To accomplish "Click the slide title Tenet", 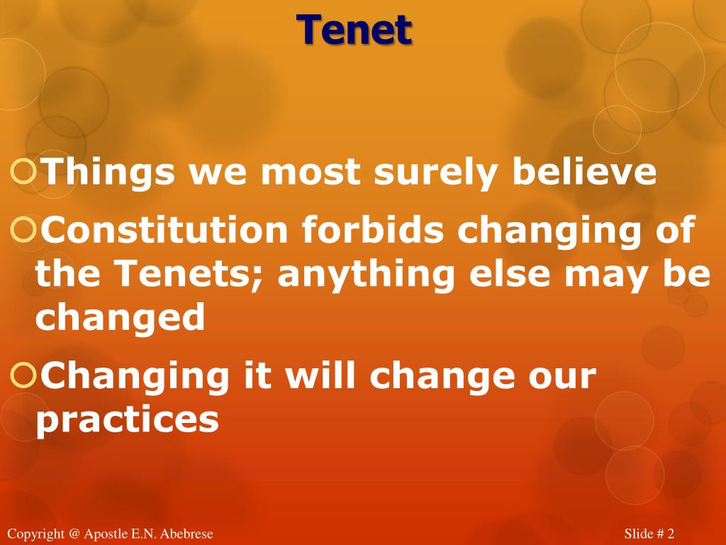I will pyautogui.click(x=354, y=30).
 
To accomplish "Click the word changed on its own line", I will pyautogui.click(x=120, y=318).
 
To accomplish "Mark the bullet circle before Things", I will pyautogui.click(x=24, y=172).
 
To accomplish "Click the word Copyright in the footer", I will pyautogui.click(x=35, y=534).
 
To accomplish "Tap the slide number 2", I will pyautogui.click(x=670, y=534).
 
